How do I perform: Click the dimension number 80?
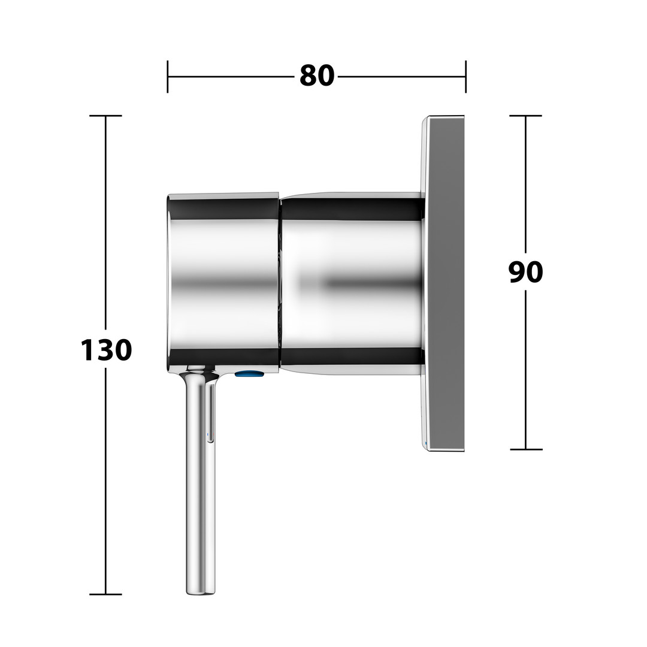click(316, 76)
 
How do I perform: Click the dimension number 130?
click(106, 350)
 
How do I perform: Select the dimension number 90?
click(525, 272)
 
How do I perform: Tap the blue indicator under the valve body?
click(249, 374)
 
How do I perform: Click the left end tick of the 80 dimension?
click(168, 77)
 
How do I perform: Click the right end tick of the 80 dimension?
click(466, 77)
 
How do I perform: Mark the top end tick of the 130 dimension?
click(105, 116)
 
